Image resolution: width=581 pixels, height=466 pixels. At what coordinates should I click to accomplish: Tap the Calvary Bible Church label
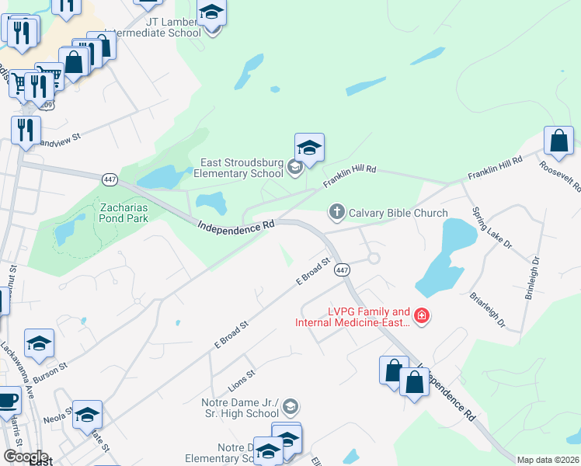click(x=398, y=213)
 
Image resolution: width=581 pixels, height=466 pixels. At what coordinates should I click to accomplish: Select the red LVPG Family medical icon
click(x=422, y=315)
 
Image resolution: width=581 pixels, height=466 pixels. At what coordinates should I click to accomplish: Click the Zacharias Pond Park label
click(x=130, y=213)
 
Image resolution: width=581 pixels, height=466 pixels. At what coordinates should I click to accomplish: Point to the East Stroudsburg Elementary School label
click(x=242, y=169)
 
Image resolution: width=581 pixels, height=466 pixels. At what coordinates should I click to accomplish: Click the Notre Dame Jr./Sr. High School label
click(x=240, y=409)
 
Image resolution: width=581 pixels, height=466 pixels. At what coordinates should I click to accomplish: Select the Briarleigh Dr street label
click(x=489, y=309)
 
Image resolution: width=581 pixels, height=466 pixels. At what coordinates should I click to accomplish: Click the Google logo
click(x=26, y=456)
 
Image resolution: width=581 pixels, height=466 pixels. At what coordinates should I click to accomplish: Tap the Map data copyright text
click(x=547, y=460)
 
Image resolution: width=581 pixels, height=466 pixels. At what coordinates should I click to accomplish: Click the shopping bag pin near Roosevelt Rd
click(x=559, y=141)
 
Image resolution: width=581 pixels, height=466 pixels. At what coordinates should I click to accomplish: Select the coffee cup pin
click(x=7, y=402)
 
